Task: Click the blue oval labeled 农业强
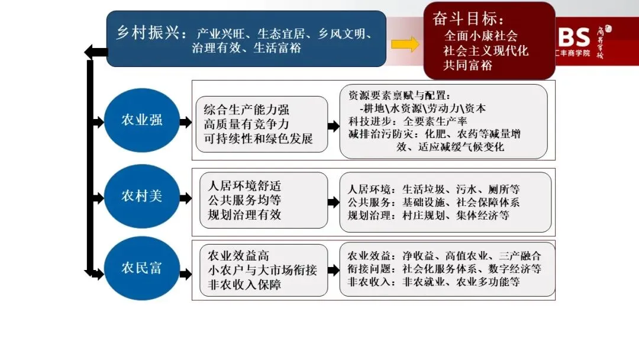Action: [142, 121]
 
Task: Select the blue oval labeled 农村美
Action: [142, 195]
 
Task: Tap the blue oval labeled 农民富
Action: [142, 268]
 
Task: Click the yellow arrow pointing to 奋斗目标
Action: [405, 44]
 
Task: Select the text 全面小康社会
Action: [480, 36]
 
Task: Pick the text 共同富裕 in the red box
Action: [467, 65]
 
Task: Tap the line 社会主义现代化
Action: [486, 50]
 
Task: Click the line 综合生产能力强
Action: [247, 110]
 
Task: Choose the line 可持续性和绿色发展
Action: [258, 140]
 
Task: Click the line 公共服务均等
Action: [244, 200]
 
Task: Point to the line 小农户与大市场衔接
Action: [262, 271]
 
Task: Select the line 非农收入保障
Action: [244, 285]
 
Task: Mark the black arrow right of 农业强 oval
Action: [185, 122]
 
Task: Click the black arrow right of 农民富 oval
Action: [185, 274]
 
